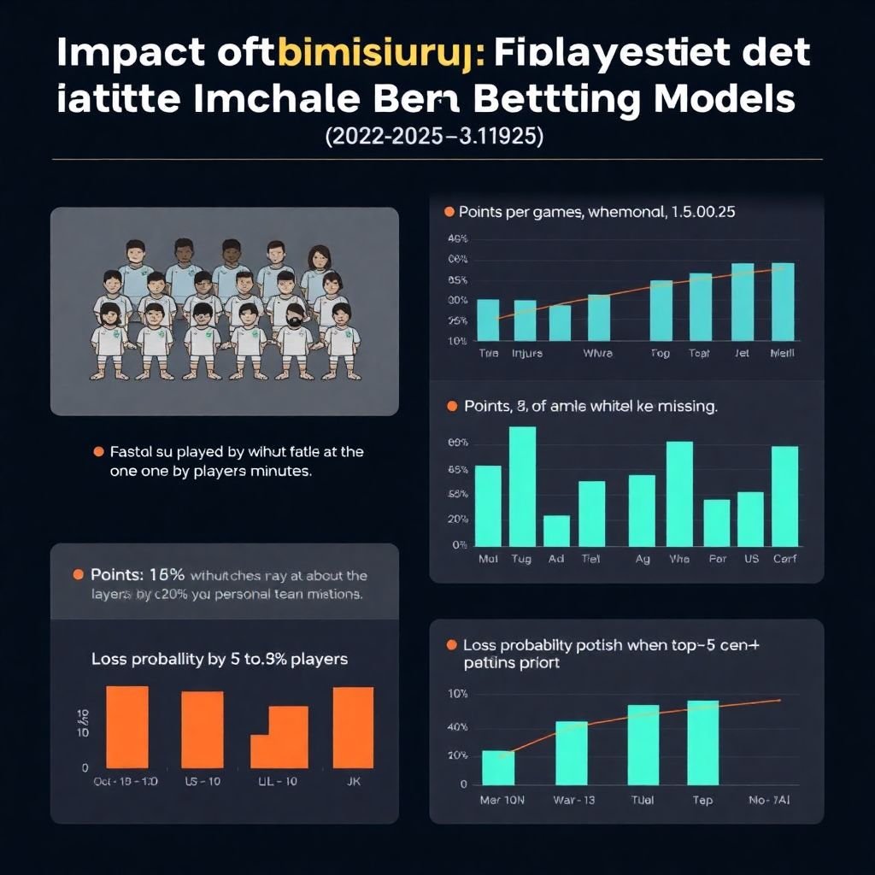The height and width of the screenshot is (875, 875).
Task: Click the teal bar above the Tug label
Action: coord(522,486)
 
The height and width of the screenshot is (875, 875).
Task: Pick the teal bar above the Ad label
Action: coord(556,531)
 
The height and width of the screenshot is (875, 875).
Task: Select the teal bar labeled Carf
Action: coord(784,496)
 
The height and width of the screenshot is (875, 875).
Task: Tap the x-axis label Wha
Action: coord(679,559)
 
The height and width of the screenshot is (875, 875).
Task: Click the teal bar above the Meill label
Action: coord(783,302)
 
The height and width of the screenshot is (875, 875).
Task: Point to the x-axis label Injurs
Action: coord(526,353)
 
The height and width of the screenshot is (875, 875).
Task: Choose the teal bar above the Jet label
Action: coord(743,302)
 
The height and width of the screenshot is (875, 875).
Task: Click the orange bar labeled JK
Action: coord(353,727)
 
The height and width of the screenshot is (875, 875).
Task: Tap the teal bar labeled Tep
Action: coord(702,743)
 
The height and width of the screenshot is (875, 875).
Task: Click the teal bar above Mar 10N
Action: coord(498,767)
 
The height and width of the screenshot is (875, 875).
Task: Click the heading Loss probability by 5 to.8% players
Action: coord(220,660)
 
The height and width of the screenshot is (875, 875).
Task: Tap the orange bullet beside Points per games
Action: coord(448,211)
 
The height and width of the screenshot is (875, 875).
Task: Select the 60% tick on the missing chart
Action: coord(458,443)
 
